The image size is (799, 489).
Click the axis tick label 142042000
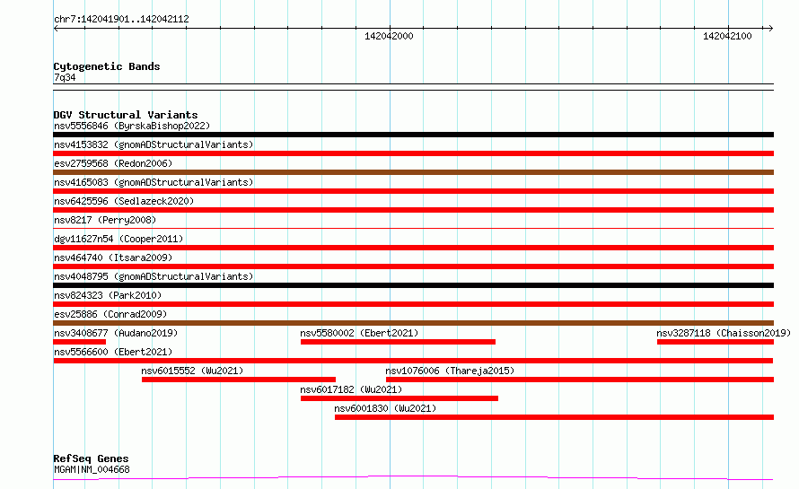coord(389,36)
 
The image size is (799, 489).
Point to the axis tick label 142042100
coord(727,36)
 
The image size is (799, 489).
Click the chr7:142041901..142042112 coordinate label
coord(121,19)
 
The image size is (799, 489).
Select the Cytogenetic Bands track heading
coord(107,66)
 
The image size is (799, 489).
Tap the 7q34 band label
coord(65,77)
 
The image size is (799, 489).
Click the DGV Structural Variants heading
coord(126,115)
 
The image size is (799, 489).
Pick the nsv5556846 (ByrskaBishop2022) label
coord(132,126)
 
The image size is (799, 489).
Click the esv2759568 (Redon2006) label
coord(113,163)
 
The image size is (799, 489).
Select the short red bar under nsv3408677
coord(80,342)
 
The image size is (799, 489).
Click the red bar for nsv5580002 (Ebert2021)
coord(398,342)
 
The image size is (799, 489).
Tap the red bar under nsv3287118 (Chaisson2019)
coord(716,342)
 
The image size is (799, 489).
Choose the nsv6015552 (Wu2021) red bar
coord(239,380)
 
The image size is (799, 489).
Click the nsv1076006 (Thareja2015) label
coord(450,371)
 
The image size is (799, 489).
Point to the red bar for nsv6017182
coord(399,398)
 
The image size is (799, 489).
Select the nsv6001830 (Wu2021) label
coord(385,408)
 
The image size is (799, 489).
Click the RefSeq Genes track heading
coord(92,458)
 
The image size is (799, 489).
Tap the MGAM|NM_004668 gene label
coord(92,469)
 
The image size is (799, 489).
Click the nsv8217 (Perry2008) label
coord(105,220)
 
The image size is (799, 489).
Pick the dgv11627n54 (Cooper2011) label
coord(119,239)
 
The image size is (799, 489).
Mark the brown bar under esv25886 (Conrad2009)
coord(413,323)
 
